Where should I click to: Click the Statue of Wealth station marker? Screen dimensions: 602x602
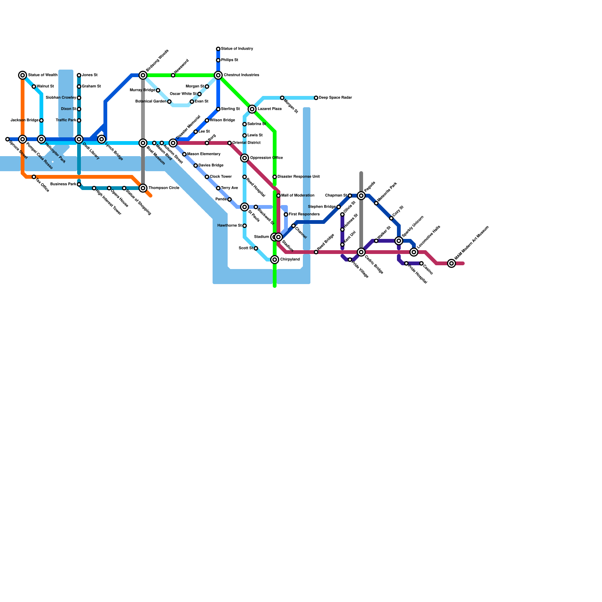23,75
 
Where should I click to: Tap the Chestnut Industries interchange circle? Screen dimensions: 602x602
218,75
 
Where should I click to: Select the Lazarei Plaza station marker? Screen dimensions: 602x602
252,109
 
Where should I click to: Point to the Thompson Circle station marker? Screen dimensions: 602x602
143,188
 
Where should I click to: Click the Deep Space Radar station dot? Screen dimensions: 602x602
316,98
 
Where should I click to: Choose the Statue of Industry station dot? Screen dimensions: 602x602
218,49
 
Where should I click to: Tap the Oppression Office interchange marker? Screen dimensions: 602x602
245,158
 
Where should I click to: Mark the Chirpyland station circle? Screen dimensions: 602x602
275,260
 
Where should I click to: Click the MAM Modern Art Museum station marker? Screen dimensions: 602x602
451,263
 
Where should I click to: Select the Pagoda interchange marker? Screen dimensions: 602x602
361,196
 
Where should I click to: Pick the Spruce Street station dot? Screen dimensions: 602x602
8,139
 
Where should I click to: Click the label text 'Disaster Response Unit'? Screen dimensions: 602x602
299,177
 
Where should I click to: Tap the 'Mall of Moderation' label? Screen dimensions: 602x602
298,196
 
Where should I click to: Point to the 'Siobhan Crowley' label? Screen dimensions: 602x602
61,98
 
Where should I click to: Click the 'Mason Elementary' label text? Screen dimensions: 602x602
204,154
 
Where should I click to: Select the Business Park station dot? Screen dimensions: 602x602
79,184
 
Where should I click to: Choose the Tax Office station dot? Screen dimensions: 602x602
34,177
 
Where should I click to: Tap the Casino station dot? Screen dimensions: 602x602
421,263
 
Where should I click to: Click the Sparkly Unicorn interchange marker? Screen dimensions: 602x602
399,241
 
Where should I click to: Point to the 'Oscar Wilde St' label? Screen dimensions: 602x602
183,94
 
